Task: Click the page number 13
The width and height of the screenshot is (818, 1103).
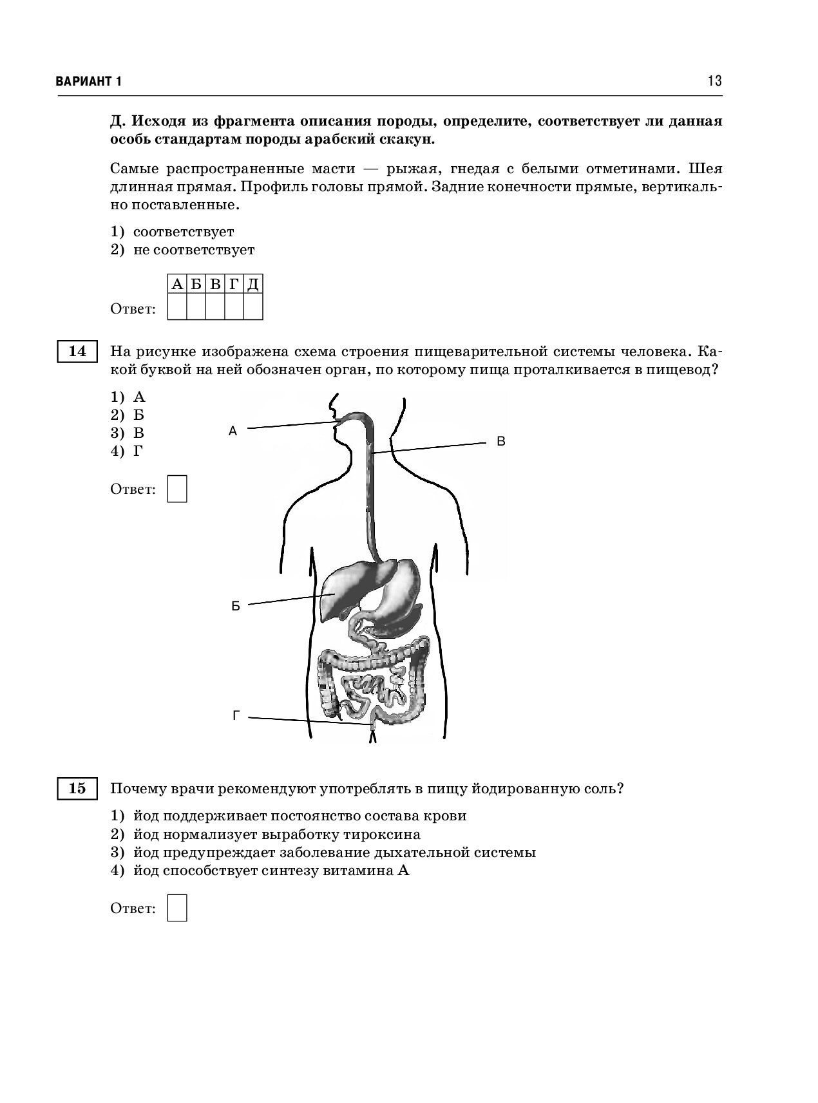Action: coord(714,81)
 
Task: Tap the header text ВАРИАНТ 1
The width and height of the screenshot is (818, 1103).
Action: coord(89,82)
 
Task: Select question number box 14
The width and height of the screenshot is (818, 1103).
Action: coord(77,352)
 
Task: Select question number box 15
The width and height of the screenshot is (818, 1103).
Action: coord(77,789)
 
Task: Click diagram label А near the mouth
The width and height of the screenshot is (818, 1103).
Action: coord(233,432)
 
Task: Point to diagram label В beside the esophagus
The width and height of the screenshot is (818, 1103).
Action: coord(500,442)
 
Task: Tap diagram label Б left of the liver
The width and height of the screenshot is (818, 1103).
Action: coord(236,607)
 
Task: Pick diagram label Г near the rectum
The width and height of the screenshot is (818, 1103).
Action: coord(236,715)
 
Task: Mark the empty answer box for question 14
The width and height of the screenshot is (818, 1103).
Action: coord(177,489)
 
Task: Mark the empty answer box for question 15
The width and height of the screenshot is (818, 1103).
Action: coord(177,908)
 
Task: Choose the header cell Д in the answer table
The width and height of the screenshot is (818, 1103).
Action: coord(253,284)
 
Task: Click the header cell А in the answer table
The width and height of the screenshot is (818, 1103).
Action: coord(177,284)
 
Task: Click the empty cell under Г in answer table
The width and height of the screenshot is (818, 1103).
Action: coord(234,306)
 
